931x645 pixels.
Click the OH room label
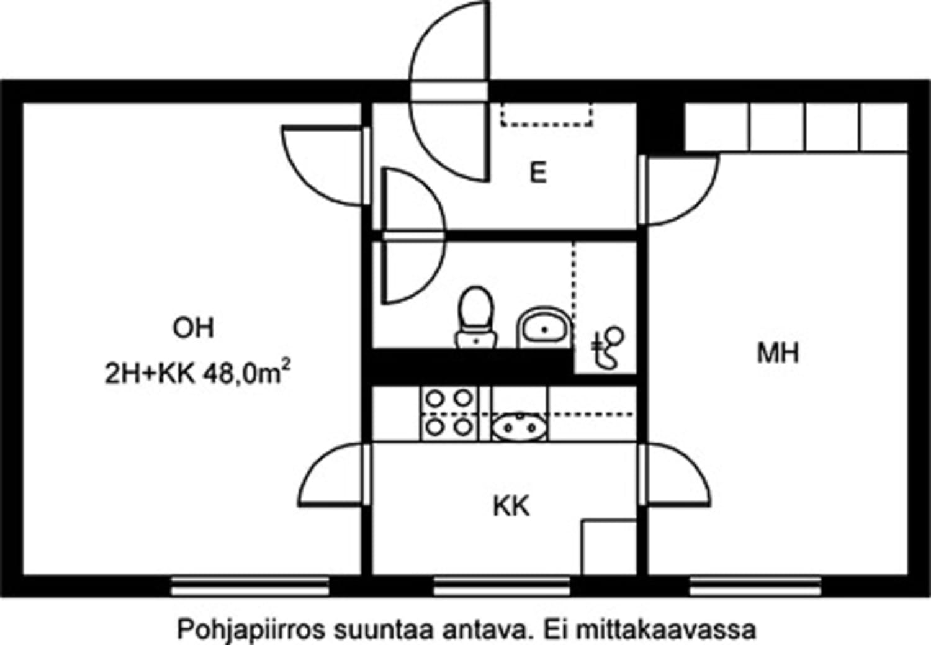193,327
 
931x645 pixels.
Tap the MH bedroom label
778,353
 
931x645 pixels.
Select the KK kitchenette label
511,507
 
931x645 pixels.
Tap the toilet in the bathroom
476,317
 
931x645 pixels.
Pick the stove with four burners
449,413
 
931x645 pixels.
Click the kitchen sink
519,426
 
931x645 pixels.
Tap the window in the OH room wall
250,585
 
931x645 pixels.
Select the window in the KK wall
501,585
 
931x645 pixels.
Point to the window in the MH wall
755,585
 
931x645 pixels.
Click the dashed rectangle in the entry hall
547,114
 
